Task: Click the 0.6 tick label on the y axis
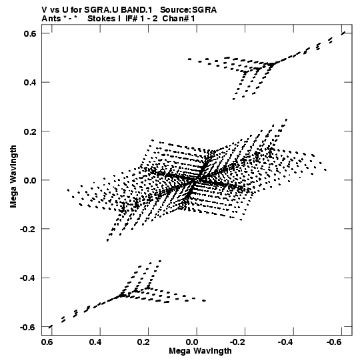[x=30, y=33]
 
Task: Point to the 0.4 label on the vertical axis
[x=30, y=83]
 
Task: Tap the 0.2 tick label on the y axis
[x=30, y=131]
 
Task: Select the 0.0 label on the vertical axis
[x=30, y=180]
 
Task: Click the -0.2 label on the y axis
[x=28, y=230]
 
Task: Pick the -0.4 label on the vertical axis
[x=28, y=278]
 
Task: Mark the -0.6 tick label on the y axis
[x=28, y=327]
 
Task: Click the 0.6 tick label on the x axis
[x=47, y=342]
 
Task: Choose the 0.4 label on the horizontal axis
[x=96, y=342]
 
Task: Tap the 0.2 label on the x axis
[x=144, y=342]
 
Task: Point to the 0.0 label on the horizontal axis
[x=192, y=342]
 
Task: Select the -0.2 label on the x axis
[x=238, y=342]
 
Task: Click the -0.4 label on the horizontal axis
[x=287, y=342]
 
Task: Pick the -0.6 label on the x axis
[x=335, y=342]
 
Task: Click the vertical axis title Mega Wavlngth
[x=13, y=177]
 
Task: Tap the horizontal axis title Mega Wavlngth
[x=201, y=351]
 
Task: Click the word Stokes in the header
[x=101, y=19]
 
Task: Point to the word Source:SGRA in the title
[x=189, y=10]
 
